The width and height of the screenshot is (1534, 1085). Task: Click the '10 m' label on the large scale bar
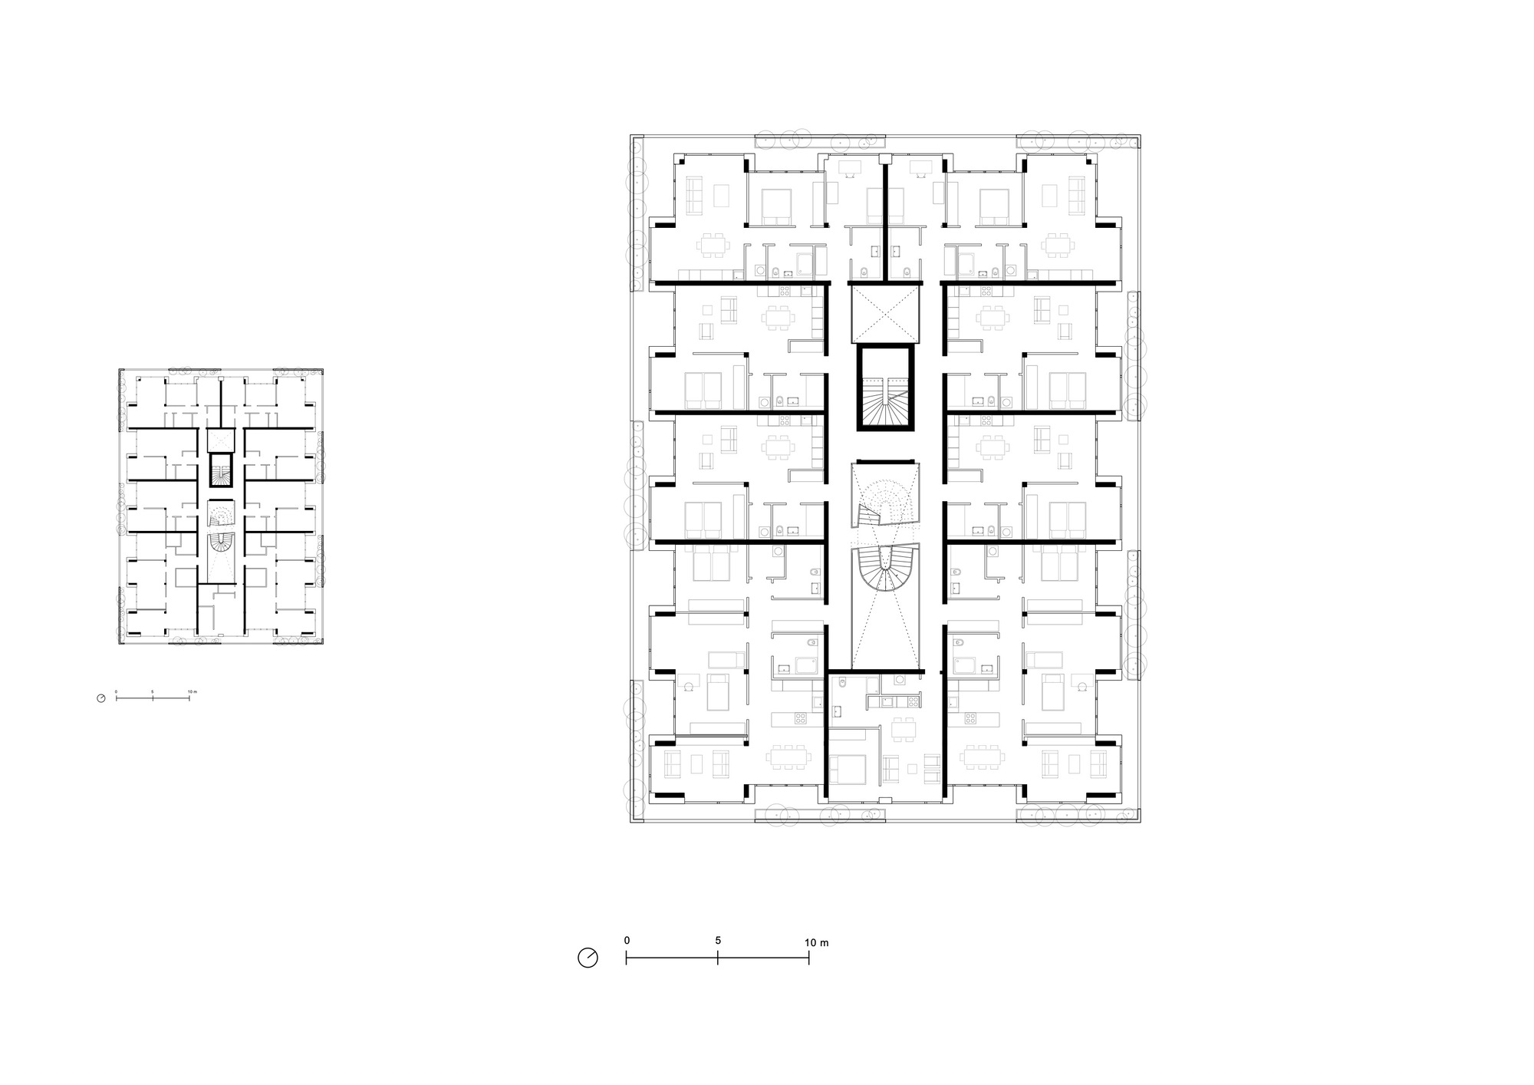click(x=817, y=942)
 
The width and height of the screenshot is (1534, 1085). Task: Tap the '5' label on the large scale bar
click(x=718, y=941)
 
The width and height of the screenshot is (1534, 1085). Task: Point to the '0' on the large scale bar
click(x=627, y=941)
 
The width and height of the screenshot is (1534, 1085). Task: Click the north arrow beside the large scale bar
click(x=588, y=958)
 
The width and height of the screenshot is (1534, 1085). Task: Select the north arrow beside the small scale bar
click(x=101, y=698)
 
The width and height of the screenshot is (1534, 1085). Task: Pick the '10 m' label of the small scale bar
click(x=192, y=691)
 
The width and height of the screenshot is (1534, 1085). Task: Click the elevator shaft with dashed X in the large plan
click(x=885, y=315)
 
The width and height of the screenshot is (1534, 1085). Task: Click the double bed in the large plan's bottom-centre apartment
click(x=847, y=770)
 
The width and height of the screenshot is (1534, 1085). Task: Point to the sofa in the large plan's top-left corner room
click(x=695, y=196)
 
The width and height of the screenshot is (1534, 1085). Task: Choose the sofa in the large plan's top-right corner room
click(x=1075, y=196)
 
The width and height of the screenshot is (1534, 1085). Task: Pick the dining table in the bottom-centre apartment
click(x=904, y=730)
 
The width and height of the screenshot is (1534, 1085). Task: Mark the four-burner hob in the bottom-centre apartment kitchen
click(x=908, y=701)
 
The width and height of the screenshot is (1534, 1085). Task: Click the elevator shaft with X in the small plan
click(x=221, y=440)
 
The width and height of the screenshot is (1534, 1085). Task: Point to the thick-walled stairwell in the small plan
click(x=221, y=471)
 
